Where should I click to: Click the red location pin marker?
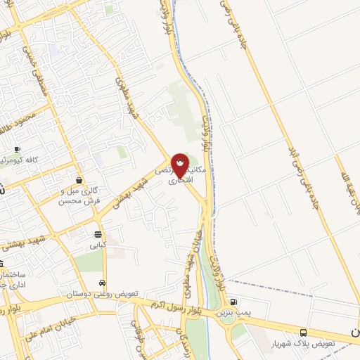click(x=180, y=165)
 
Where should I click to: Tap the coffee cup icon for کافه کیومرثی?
click(x=18, y=150)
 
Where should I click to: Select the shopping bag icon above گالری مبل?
click(x=78, y=180)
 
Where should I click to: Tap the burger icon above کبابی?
click(x=98, y=234)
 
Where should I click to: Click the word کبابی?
click(x=96, y=246)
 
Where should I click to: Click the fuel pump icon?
click(x=234, y=300)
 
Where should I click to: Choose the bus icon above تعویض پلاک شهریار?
click(x=303, y=333)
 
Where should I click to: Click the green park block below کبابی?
click(x=88, y=262)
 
